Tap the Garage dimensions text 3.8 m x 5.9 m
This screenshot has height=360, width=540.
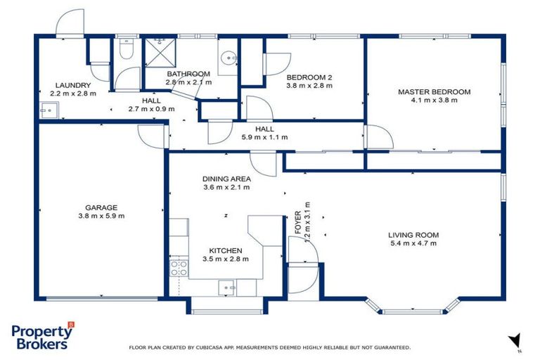tap(101, 216)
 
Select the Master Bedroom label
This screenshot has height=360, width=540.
tap(434, 91)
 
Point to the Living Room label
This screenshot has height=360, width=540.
tap(413, 235)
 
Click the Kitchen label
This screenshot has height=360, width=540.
tap(226, 250)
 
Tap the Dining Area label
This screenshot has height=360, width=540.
tap(226, 179)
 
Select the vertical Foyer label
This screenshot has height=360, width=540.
tap(298, 221)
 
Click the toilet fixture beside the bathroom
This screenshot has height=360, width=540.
tap(125, 50)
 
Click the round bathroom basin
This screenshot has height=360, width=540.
tap(228, 58)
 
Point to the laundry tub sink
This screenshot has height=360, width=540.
tap(49, 109)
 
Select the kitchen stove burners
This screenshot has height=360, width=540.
tap(178, 267)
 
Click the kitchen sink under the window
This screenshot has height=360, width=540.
tap(227, 285)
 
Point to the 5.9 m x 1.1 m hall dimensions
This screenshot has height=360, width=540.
tap(264, 137)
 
